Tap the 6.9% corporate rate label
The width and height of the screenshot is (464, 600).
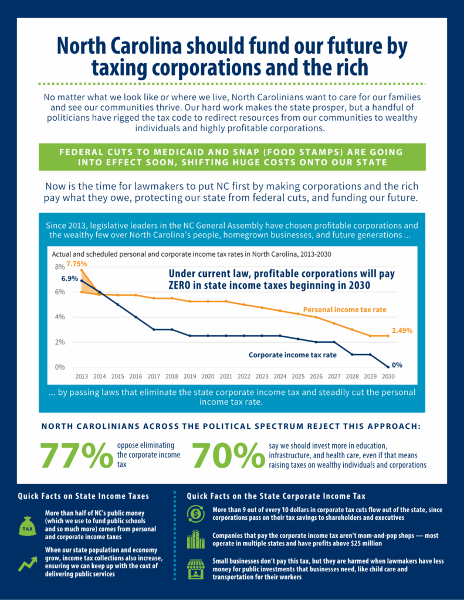[69, 278]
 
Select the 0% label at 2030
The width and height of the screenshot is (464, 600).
[397, 364]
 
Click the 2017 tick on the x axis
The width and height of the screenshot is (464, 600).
[154, 377]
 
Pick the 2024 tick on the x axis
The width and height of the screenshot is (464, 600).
[280, 377]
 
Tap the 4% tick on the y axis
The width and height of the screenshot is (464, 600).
[60, 317]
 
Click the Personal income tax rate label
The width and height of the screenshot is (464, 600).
[345, 309]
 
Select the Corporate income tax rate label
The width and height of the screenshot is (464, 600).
[292, 354]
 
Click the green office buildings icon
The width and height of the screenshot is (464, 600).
[195, 540]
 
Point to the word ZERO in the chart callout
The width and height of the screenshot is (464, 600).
[184, 285]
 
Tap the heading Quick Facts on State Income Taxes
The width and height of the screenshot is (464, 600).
[83, 496]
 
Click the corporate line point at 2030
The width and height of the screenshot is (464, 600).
[388, 367]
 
